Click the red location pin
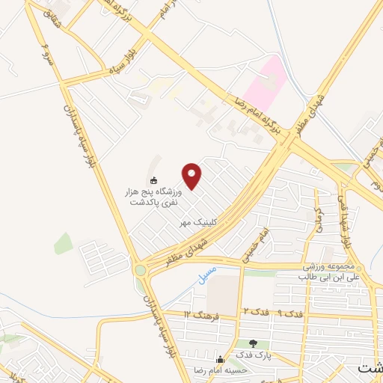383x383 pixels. click(193, 176)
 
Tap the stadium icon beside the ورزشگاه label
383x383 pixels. click(154, 180)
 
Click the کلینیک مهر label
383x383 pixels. click(197, 222)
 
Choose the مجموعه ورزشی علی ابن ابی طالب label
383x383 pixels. click(336, 272)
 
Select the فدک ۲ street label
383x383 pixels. click(254, 310)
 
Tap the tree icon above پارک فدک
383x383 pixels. click(254, 343)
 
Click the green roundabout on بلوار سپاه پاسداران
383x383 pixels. click(141, 269)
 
